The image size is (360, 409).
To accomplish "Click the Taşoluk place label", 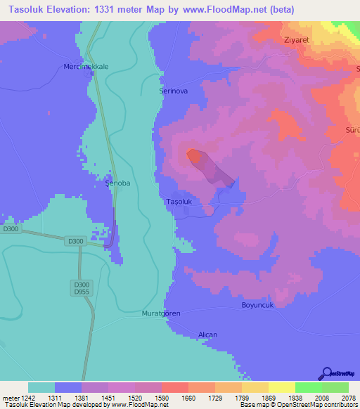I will coord(178,202).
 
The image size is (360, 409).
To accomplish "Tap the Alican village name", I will coord(207,335).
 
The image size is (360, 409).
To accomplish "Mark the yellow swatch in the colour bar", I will coord(281,387).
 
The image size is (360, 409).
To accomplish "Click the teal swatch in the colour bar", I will coord(41,387).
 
